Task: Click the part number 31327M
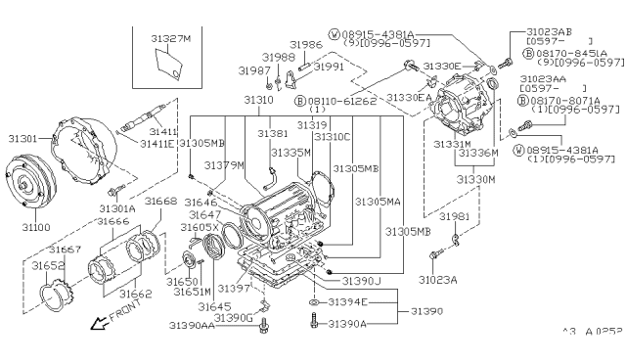click(x=171, y=39)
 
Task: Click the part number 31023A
click(x=438, y=279)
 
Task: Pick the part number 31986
click(x=305, y=45)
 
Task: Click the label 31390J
click(x=359, y=281)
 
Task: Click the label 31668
click(x=161, y=201)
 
